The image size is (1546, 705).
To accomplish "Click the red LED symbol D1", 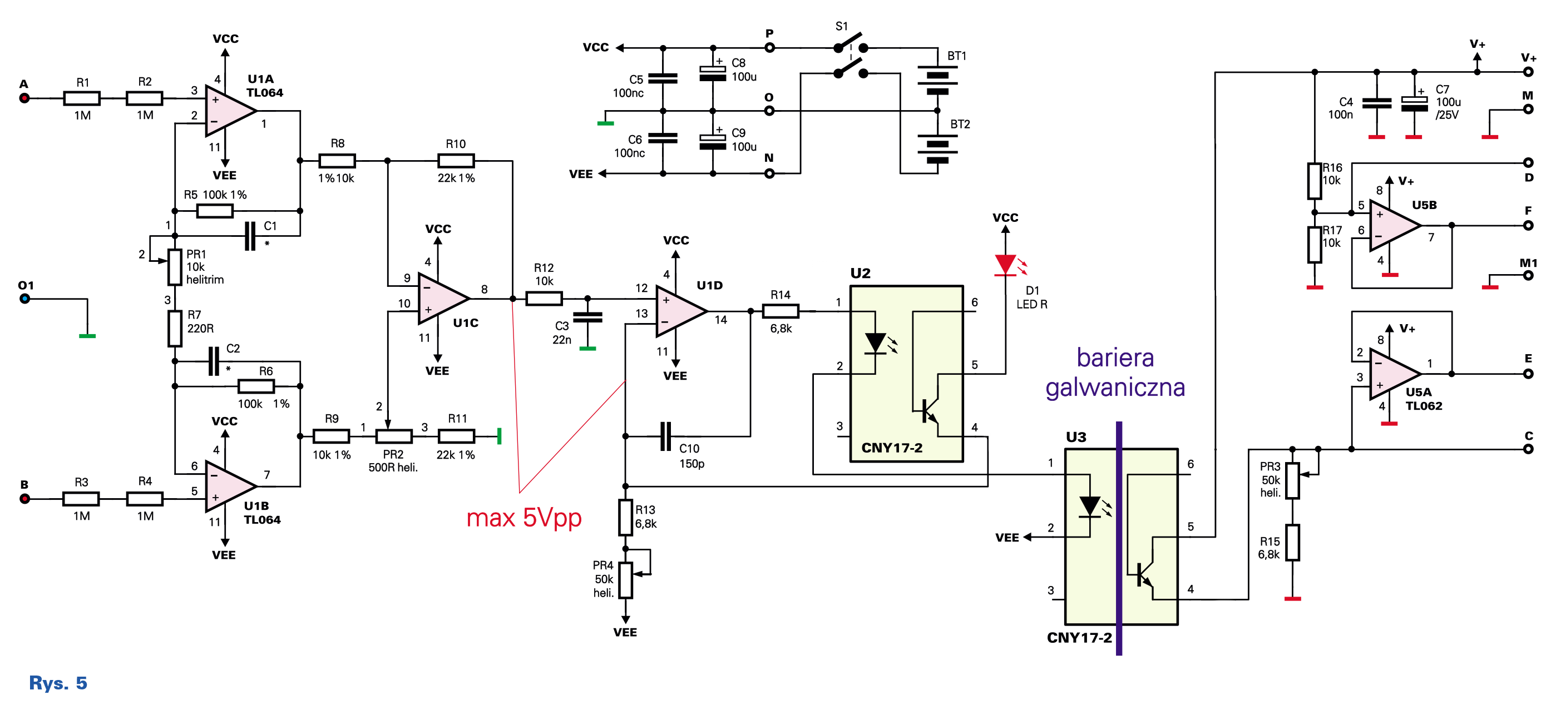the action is click(x=1005, y=265).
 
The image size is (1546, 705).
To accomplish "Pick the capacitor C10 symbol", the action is click(x=665, y=436).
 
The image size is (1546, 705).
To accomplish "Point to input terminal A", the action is click(x=24, y=98).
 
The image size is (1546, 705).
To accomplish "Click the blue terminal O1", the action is click(x=24, y=298).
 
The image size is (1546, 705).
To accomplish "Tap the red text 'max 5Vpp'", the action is click(x=524, y=518).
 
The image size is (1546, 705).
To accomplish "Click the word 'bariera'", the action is click(x=1115, y=358).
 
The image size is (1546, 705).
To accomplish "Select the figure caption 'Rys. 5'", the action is click(x=58, y=683).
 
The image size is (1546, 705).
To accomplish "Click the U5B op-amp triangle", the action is click(x=1395, y=226).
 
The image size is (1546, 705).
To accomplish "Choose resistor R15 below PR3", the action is click(x=1293, y=543).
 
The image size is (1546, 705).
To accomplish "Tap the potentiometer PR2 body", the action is click(x=394, y=436).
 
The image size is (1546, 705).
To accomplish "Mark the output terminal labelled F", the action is click(x=1528, y=226).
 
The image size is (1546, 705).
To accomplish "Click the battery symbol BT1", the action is click(x=937, y=80).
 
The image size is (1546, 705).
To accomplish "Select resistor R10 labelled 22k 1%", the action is click(x=456, y=161).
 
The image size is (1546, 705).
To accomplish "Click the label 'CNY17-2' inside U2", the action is click(x=892, y=448).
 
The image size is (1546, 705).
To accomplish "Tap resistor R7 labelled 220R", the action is click(x=175, y=328).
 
